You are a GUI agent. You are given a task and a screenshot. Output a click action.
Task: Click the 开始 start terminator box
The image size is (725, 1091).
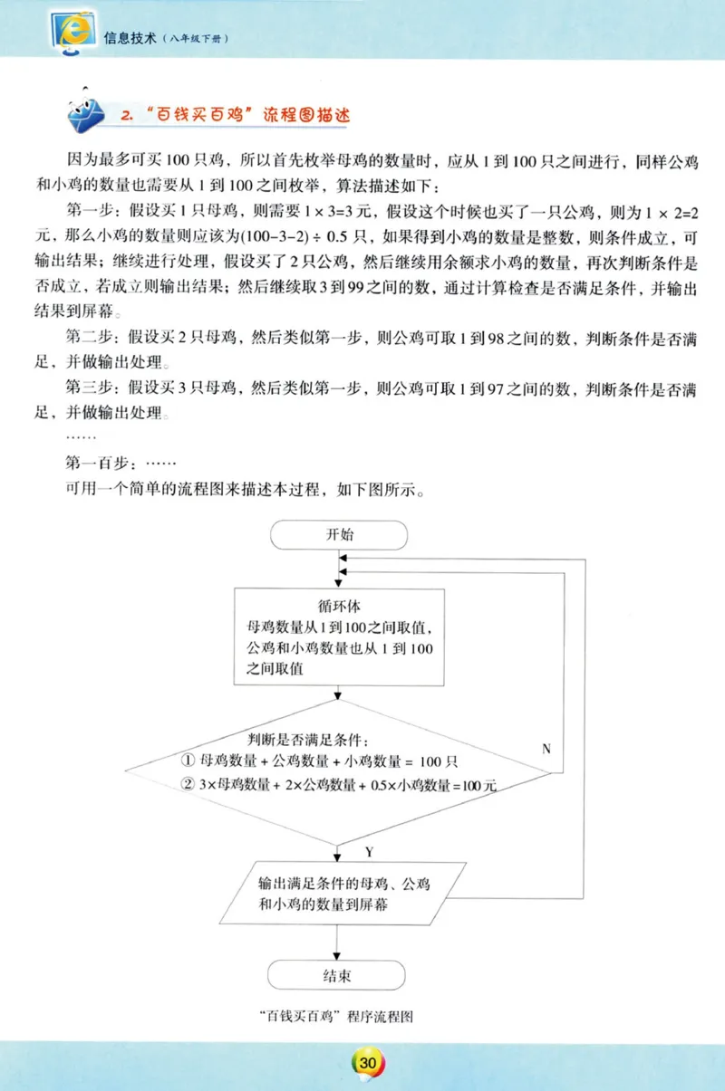pyautogui.click(x=340, y=534)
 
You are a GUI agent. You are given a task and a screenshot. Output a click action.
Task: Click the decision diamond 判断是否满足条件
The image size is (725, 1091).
pyautogui.click(x=338, y=770)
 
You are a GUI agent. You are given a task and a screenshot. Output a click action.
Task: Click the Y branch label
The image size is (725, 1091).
pyautogui.click(x=369, y=852)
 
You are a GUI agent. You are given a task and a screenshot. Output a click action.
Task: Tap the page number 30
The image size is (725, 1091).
pyautogui.click(x=366, y=1062)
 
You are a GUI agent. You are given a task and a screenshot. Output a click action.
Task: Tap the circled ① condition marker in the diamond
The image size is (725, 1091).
pyautogui.click(x=188, y=760)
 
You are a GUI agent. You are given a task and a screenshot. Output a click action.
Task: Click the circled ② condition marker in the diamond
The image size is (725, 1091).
pyautogui.click(x=188, y=785)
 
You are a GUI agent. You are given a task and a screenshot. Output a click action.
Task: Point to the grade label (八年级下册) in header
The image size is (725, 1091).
pyautogui.click(x=196, y=40)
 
